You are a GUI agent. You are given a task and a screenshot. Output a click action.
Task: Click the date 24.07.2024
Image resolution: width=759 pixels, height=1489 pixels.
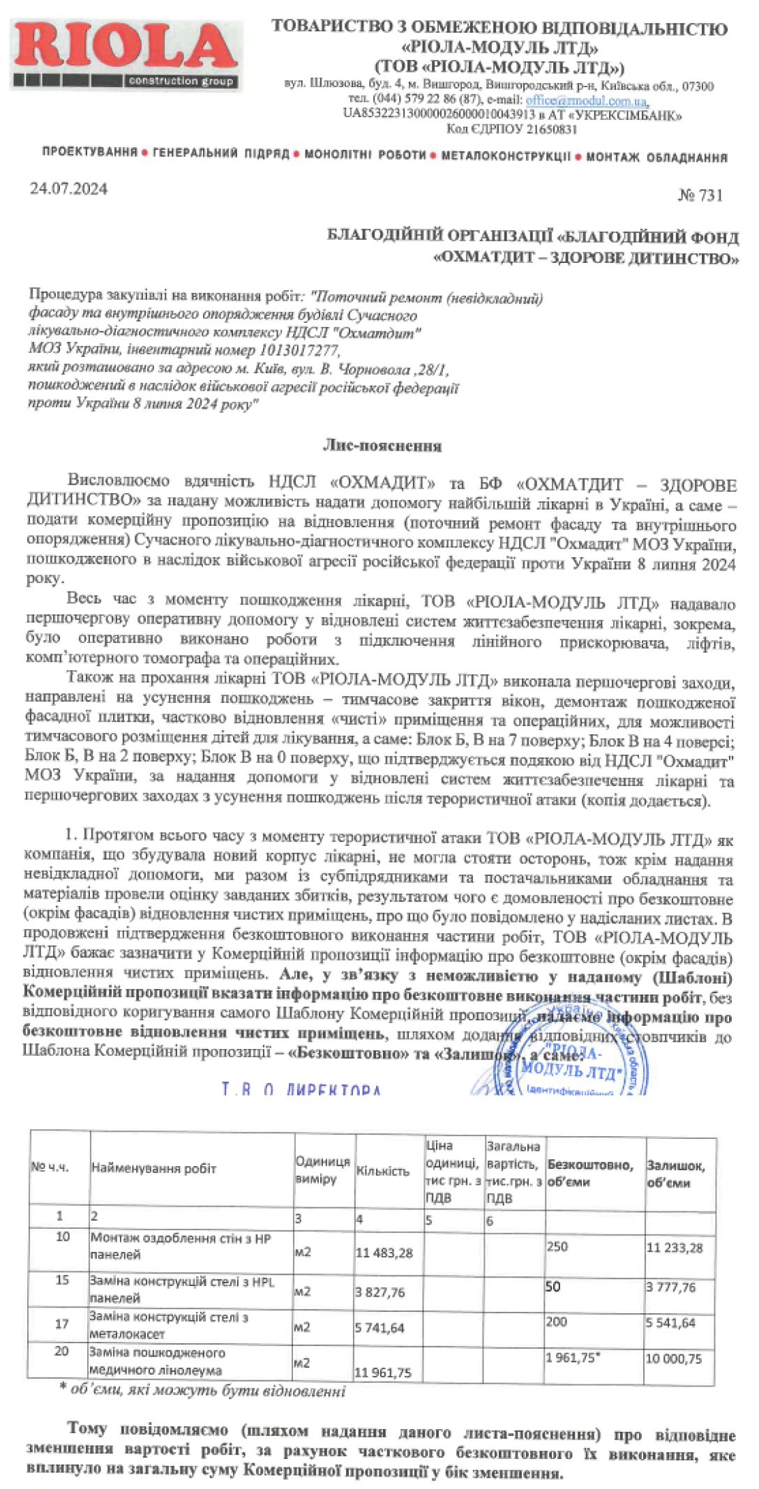point(68,189)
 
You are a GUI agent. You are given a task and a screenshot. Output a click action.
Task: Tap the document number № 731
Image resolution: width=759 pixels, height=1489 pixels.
point(700,195)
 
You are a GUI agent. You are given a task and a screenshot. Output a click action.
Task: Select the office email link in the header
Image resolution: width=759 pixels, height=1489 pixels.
point(586,100)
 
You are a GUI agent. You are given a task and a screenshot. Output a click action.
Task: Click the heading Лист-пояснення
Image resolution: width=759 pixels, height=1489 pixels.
point(382,446)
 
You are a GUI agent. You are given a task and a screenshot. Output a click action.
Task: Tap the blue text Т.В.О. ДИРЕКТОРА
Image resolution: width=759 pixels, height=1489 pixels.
point(301,1089)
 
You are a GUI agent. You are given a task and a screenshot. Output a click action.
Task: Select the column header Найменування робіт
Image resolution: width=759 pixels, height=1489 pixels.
point(153,1168)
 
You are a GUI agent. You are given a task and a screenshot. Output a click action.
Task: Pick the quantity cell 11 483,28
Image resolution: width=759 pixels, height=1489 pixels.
point(384,1253)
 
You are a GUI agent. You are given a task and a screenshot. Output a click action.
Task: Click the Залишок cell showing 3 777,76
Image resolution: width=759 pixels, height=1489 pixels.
point(670,1287)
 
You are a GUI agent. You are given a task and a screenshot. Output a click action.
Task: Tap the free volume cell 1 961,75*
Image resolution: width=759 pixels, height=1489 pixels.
point(573,1358)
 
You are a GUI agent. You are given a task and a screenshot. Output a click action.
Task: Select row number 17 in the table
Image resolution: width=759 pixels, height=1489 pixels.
point(62,1324)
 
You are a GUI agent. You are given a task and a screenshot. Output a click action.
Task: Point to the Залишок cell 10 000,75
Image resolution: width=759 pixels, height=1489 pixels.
point(674,1359)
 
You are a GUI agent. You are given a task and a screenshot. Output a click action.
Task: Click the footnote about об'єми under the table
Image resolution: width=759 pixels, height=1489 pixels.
point(202,1391)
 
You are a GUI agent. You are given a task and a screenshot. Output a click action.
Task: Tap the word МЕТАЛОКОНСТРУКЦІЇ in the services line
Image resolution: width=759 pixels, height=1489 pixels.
point(506,156)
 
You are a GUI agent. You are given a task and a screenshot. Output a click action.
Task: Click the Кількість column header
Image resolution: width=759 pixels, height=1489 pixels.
point(383,1171)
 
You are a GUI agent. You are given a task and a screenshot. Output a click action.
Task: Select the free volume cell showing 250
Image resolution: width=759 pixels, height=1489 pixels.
point(557,1246)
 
